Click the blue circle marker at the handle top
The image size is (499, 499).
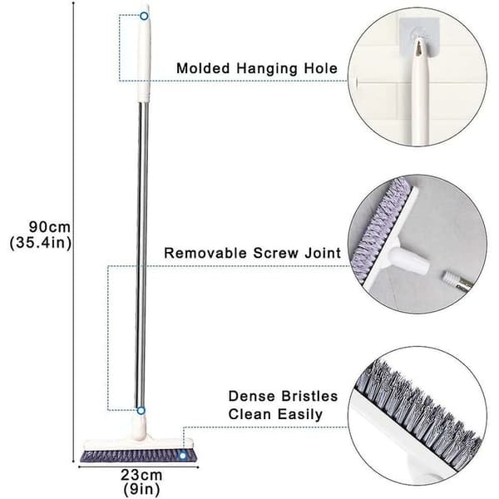144,16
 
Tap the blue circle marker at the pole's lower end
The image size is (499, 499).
141,411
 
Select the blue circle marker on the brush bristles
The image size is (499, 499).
182,456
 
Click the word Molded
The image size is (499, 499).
203,68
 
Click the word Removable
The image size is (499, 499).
205,253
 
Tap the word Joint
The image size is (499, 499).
323,253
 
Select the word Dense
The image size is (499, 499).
252,396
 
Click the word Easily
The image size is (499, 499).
299,414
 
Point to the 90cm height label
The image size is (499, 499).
50,227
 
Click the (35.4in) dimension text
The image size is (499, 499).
41,243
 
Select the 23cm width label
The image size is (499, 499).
141,475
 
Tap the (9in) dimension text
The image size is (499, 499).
141,489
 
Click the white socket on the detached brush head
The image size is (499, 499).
408,259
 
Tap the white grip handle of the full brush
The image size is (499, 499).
144,53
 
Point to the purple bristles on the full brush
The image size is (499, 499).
138,456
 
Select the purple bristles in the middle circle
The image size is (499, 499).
378,229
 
